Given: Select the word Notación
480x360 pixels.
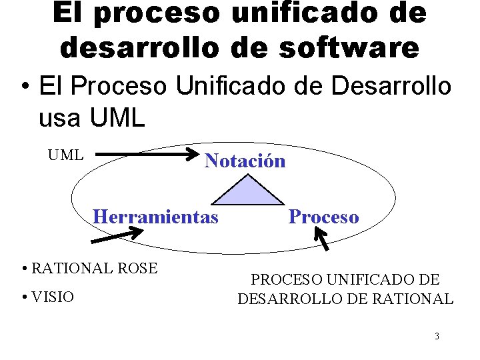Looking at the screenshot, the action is (x=245, y=161).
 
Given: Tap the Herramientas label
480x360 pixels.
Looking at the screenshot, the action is (x=155, y=217).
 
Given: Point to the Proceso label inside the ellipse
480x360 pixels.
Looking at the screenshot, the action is (x=323, y=217).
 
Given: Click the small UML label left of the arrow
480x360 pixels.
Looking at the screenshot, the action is (x=65, y=155).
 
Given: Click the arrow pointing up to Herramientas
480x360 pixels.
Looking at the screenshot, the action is (x=117, y=234).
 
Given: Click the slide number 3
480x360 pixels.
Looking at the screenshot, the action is (x=437, y=336).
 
